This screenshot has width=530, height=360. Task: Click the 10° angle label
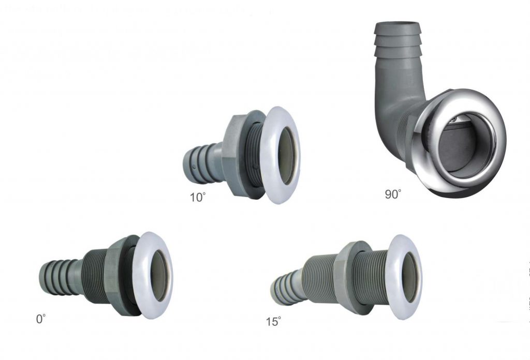click(198, 198)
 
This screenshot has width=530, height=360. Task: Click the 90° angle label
click(393, 195)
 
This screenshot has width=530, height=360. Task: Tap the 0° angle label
click(41, 319)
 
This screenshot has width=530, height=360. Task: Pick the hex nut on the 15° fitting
click(344, 276)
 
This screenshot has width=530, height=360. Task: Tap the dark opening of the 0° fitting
click(160, 276)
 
